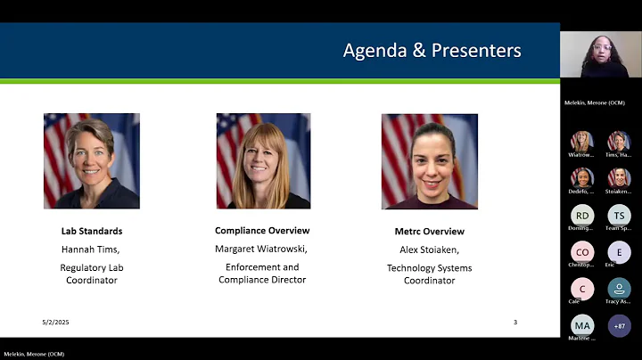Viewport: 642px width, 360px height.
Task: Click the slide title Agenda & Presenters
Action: pos(432,51)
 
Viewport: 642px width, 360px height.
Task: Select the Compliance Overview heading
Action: pos(262,231)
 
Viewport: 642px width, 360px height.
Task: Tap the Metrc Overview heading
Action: pos(429,231)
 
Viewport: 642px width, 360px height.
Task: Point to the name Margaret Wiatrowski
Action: pos(262,249)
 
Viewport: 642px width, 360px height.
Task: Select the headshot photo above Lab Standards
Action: pos(92,160)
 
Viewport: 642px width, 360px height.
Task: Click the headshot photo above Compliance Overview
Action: pos(263,160)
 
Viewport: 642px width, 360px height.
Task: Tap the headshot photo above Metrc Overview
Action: pos(429,160)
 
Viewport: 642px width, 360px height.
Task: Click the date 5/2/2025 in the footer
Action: pos(55,322)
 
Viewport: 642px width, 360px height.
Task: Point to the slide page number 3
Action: pos(514,322)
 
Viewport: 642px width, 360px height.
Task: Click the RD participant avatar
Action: pos(582,215)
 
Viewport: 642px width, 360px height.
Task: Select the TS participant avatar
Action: pos(619,215)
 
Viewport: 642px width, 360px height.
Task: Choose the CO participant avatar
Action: pos(582,252)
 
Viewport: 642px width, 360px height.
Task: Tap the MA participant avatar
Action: pos(582,325)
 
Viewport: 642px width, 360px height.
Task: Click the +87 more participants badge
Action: pos(619,325)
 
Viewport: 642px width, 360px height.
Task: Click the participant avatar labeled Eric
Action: pos(619,252)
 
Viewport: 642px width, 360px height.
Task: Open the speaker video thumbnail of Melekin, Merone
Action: pos(600,54)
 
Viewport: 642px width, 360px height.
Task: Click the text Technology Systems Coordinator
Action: pos(429,274)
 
